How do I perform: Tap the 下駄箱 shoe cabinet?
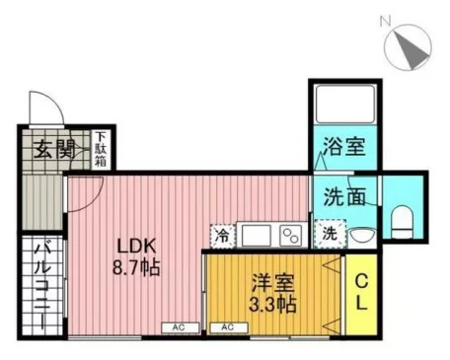101,149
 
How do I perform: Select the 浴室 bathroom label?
344,146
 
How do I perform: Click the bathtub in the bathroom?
345,104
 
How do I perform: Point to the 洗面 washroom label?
344,196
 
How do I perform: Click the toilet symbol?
402,222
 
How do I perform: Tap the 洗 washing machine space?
330,234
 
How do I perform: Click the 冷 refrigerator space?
223,236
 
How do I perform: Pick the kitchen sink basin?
257,236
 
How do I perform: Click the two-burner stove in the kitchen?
291,236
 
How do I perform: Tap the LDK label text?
136,246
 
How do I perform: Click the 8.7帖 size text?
136,267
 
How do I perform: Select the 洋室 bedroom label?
273,283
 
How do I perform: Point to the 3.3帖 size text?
273,305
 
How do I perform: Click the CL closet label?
361,292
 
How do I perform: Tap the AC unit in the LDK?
181,327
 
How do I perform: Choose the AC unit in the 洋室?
229,327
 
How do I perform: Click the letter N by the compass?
385,22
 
